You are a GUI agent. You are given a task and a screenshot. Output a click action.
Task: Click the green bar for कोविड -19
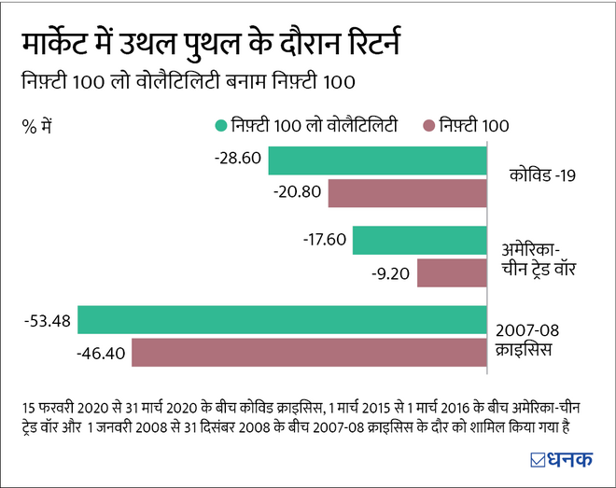[x=377, y=160]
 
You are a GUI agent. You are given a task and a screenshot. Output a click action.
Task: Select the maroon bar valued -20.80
[x=407, y=193]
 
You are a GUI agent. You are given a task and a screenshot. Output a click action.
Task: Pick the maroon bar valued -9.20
[x=452, y=273]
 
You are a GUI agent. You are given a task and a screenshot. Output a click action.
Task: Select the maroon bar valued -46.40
[x=309, y=353]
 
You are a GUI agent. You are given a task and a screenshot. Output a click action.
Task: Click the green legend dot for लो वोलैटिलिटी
[x=221, y=125]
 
